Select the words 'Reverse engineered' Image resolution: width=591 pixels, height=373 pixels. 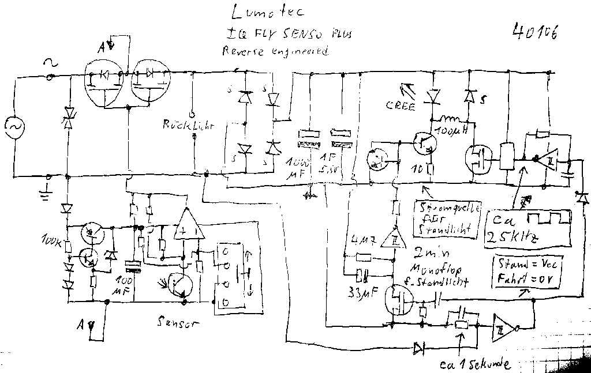(x=275, y=51)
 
